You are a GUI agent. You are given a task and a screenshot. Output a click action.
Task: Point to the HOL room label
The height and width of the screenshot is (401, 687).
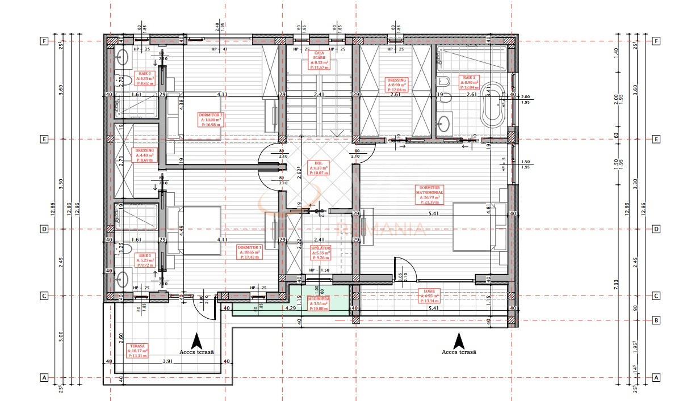[x=319, y=168]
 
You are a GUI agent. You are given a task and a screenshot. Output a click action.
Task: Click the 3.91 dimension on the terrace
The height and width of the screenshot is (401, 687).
[x=168, y=361]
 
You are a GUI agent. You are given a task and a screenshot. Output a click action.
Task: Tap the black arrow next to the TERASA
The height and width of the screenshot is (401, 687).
[x=196, y=340]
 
